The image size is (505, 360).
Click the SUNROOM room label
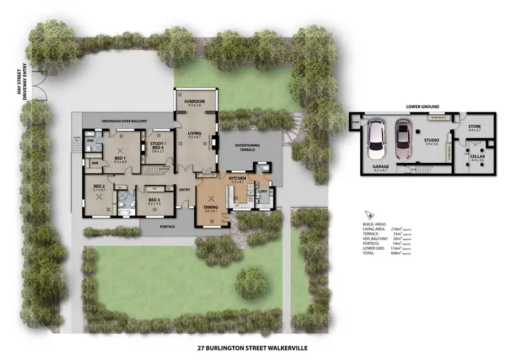click(x=195, y=102)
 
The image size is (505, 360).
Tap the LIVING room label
click(x=195, y=134)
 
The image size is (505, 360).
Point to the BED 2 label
click(x=99, y=186)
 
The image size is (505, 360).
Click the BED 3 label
click(x=154, y=200)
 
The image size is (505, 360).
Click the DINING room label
click(x=211, y=208)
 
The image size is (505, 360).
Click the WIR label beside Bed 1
click(x=95, y=163)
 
